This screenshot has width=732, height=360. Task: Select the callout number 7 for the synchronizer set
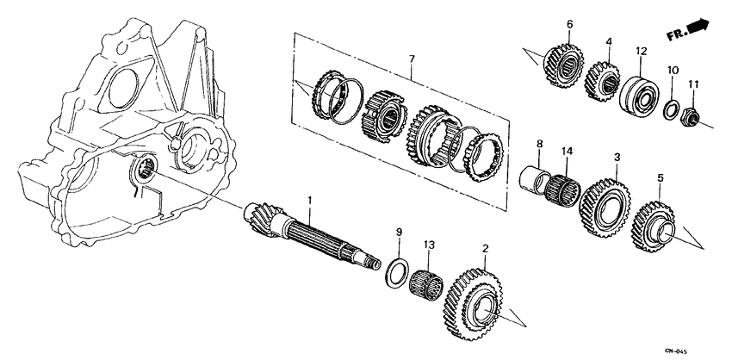(412, 59)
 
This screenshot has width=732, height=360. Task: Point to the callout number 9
(399, 233)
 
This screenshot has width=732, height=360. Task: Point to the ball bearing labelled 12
(640, 92)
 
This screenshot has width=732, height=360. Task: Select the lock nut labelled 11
(691, 115)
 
